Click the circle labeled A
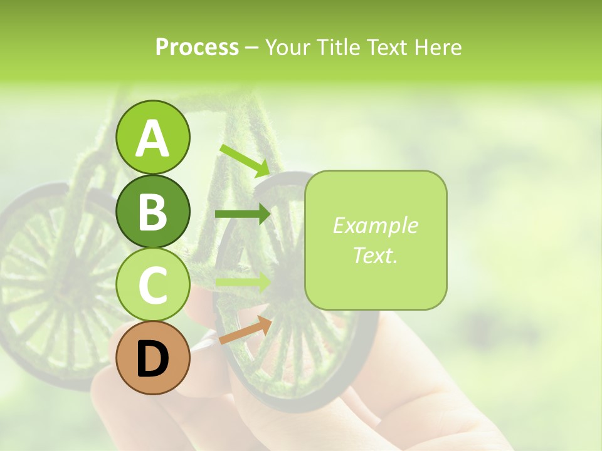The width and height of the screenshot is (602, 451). point(152,137)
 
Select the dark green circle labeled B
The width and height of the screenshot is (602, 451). point(152,211)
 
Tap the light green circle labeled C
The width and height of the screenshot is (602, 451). point(152,285)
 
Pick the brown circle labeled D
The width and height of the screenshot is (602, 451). point(152,358)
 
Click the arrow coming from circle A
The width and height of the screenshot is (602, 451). point(245,160)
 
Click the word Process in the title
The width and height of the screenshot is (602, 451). point(197,47)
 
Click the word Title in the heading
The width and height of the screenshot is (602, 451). point(339,47)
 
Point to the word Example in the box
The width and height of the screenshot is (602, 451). point(376,225)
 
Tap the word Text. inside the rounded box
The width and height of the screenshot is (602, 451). point(376,255)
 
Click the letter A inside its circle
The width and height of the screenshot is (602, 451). point(152,138)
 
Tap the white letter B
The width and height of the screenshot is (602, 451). point(152,212)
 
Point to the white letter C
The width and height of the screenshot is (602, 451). point(152,286)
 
